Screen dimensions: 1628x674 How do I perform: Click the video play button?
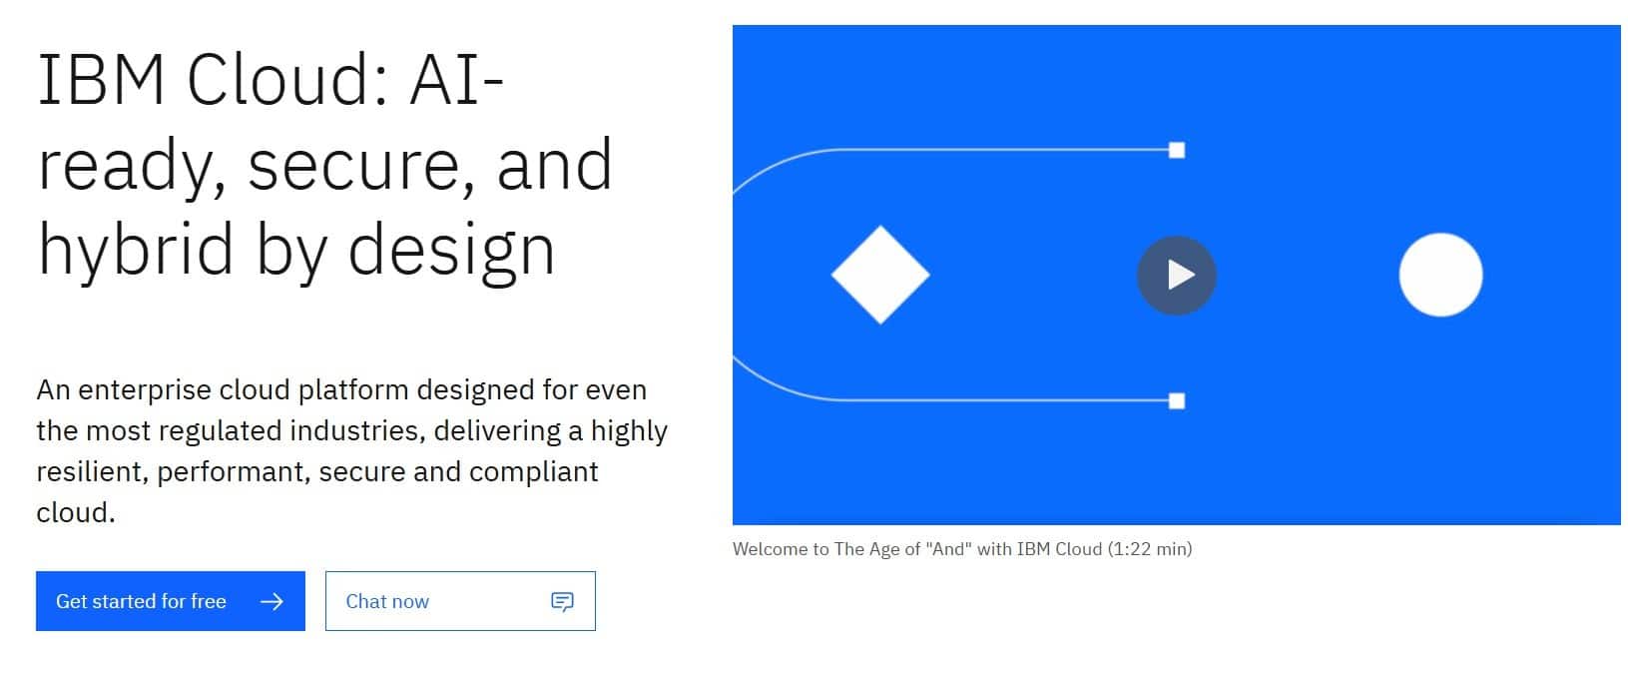pos(1176,276)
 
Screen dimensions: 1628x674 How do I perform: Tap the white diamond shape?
pos(880,275)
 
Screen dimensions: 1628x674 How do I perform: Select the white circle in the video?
pos(1440,275)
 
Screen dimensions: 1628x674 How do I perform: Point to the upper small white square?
pos(1177,151)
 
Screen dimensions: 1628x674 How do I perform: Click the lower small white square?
pos(1177,400)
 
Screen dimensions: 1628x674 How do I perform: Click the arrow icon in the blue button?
pos(271,601)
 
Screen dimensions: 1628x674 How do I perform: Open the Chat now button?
pos(460,600)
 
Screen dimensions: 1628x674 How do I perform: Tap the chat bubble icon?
pos(562,601)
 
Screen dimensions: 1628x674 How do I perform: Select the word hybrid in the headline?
pos(136,249)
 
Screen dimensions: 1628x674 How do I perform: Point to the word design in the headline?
pos(451,249)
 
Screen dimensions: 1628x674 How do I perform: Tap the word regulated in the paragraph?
pos(220,431)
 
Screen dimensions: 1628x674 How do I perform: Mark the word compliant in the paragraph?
pos(533,472)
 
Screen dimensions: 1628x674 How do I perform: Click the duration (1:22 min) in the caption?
pos(1150,549)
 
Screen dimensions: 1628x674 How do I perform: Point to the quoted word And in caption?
pos(947,548)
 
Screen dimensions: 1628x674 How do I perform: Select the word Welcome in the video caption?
pos(770,549)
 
